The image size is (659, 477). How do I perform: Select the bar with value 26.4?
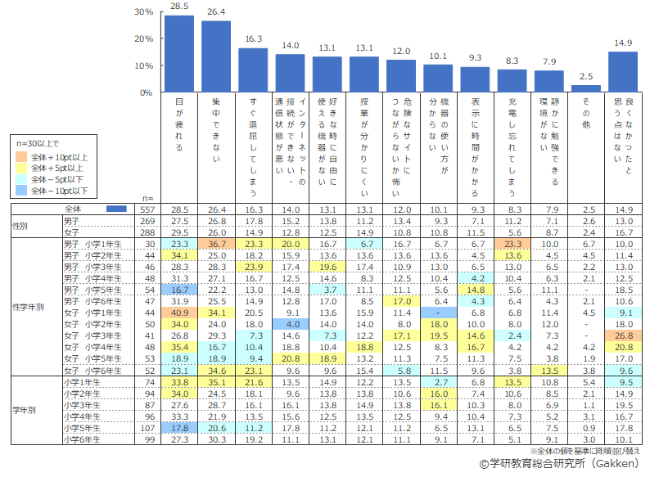coord(216,56)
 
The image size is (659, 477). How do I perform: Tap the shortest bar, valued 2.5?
coord(586,88)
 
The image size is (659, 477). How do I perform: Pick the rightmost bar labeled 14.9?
coord(623,72)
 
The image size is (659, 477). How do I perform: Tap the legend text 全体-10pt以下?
coord(65,191)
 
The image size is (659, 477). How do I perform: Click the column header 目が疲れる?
coord(179,123)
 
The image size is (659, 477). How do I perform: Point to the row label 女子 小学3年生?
coord(93,335)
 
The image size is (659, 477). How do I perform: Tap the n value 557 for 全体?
coord(148,209)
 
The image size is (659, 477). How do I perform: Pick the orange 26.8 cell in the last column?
coord(623,335)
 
